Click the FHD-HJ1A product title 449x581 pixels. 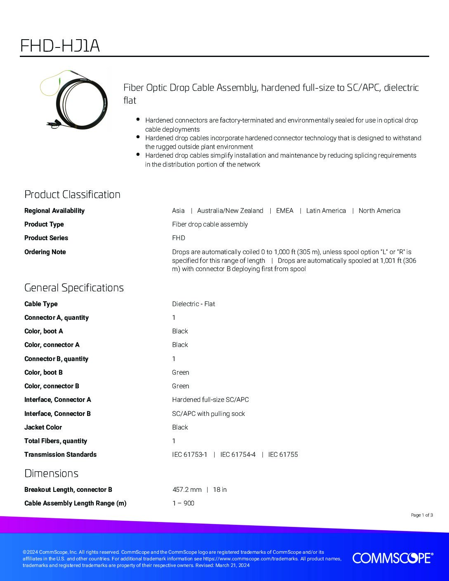click(x=60, y=46)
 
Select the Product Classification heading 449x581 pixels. click(x=72, y=194)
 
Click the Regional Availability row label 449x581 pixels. click(x=54, y=210)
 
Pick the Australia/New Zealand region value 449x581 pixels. click(x=230, y=210)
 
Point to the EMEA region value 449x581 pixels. click(x=285, y=210)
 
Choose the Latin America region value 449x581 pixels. click(x=326, y=210)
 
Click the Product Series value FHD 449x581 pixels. click(x=179, y=238)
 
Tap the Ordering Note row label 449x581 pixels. click(x=45, y=252)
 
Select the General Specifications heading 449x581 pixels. click(x=74, y=288)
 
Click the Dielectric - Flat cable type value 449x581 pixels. click(x=194, y=304)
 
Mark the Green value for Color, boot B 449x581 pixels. click(x=181, y=372)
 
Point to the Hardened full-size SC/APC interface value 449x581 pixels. click(x=210, y=399)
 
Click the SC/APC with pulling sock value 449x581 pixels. click(x=208, y=413)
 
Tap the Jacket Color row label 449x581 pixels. click(x=43, y=427)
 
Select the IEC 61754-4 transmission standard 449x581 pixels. click(x=238, y=454)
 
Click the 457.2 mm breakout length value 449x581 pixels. click(x=187, y=489)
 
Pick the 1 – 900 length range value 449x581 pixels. click(x=183, y=503)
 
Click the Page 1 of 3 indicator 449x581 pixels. click(x=422, y=515)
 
